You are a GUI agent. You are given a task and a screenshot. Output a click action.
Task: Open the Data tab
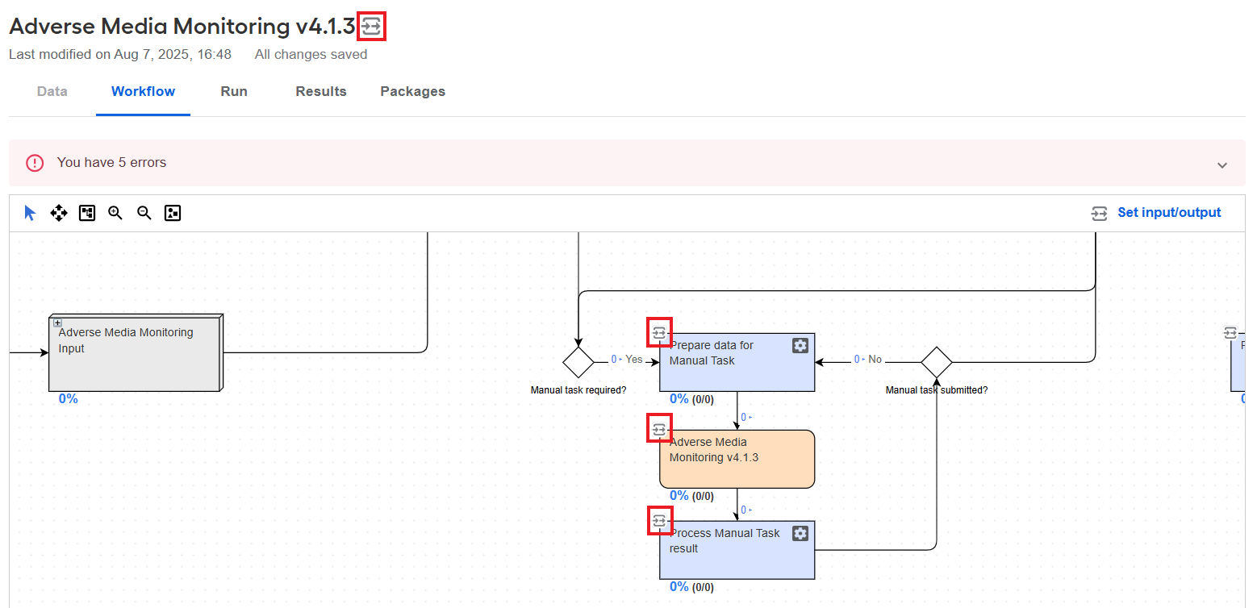[x=52, y=91]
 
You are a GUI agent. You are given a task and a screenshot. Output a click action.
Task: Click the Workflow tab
[x=143, y=91]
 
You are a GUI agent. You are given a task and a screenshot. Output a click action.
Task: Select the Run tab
[x=234, y=91]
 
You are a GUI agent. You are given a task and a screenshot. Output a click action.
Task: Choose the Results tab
[x=321, y=91]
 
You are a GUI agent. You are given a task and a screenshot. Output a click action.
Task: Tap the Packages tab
[x=413, y=91]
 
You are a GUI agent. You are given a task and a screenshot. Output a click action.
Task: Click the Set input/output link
[x=1169, y=213]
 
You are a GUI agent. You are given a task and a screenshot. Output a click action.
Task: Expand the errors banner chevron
[x=1222, y=164]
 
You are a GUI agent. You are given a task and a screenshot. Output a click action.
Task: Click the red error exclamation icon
[x=35, y=163]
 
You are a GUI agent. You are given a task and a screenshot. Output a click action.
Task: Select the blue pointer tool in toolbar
[x=30, y=213]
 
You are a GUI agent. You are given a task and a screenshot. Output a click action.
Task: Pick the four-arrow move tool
[x=59, y=213]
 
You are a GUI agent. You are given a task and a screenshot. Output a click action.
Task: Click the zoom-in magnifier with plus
[x=115, y=213]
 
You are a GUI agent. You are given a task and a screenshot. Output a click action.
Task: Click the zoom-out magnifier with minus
[x=144, y=213]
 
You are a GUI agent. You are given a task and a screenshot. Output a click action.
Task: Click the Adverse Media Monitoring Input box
[x=136, y=353]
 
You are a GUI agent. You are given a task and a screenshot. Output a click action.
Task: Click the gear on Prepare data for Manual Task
[x=800, y=345]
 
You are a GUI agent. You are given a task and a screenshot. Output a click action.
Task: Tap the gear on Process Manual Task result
[x=800, y=533]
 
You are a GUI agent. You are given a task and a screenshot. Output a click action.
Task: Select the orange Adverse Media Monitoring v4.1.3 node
[x=737, y=459]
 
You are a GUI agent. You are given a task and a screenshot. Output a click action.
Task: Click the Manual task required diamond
[x=578, y=362]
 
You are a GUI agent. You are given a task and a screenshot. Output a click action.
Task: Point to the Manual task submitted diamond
[x=937, y=362]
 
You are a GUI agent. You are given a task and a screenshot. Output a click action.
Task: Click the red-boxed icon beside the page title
[x=371, y=27]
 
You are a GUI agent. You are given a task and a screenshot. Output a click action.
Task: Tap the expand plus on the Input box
[x=57, y=323]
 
